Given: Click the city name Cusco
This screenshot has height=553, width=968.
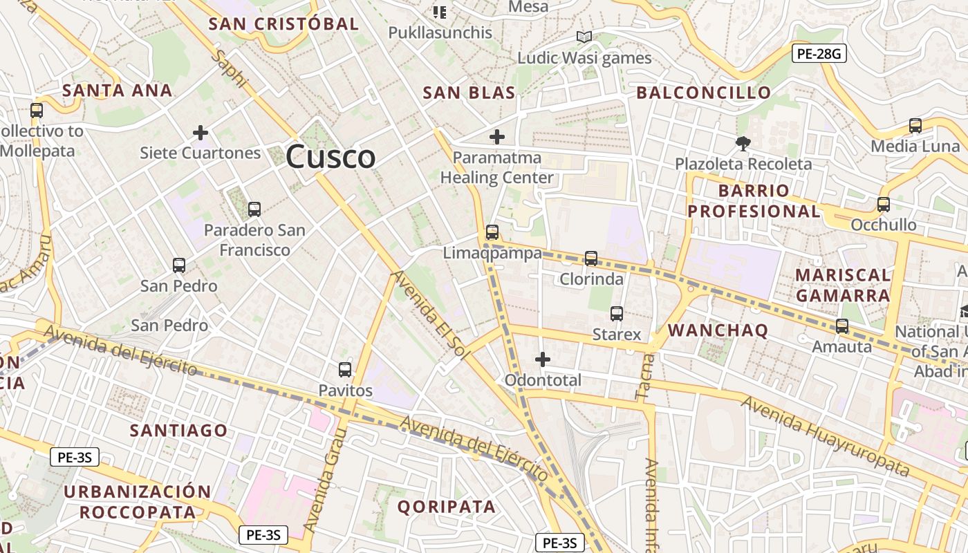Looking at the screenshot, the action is [x=331, y=157].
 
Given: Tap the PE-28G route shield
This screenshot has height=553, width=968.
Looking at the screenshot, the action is [x=819, y=53].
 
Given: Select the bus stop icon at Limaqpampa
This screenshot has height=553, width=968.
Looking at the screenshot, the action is [x=492, y=232].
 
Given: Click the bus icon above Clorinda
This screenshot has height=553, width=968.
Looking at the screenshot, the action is [x=591, y=259].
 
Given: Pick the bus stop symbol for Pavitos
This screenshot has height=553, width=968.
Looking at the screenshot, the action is [x=345, y=370].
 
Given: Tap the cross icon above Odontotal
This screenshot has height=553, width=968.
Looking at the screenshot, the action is [x=543, y=359].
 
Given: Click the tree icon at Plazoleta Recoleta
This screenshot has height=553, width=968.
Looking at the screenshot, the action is [x=743, y=144].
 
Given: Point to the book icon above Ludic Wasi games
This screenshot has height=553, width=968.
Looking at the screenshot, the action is [x=584, y=37].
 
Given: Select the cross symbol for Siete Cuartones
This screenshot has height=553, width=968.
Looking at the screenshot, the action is [x=201, y=132].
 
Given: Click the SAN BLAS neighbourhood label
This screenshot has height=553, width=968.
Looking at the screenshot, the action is [x=469, y=93].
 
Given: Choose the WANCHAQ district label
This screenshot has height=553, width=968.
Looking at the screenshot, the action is [x=718, y=330].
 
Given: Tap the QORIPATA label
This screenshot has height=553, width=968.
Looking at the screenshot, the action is [x=447, y=507].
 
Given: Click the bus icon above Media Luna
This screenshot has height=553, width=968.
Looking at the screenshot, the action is [x=915, y=126].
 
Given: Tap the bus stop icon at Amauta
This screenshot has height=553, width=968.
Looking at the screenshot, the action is [x=842, y=326].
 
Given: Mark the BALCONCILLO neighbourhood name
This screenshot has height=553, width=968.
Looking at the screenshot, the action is [x=704, y=93].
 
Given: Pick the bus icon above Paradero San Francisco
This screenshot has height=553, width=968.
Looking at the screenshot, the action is [x=254, y=209].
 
